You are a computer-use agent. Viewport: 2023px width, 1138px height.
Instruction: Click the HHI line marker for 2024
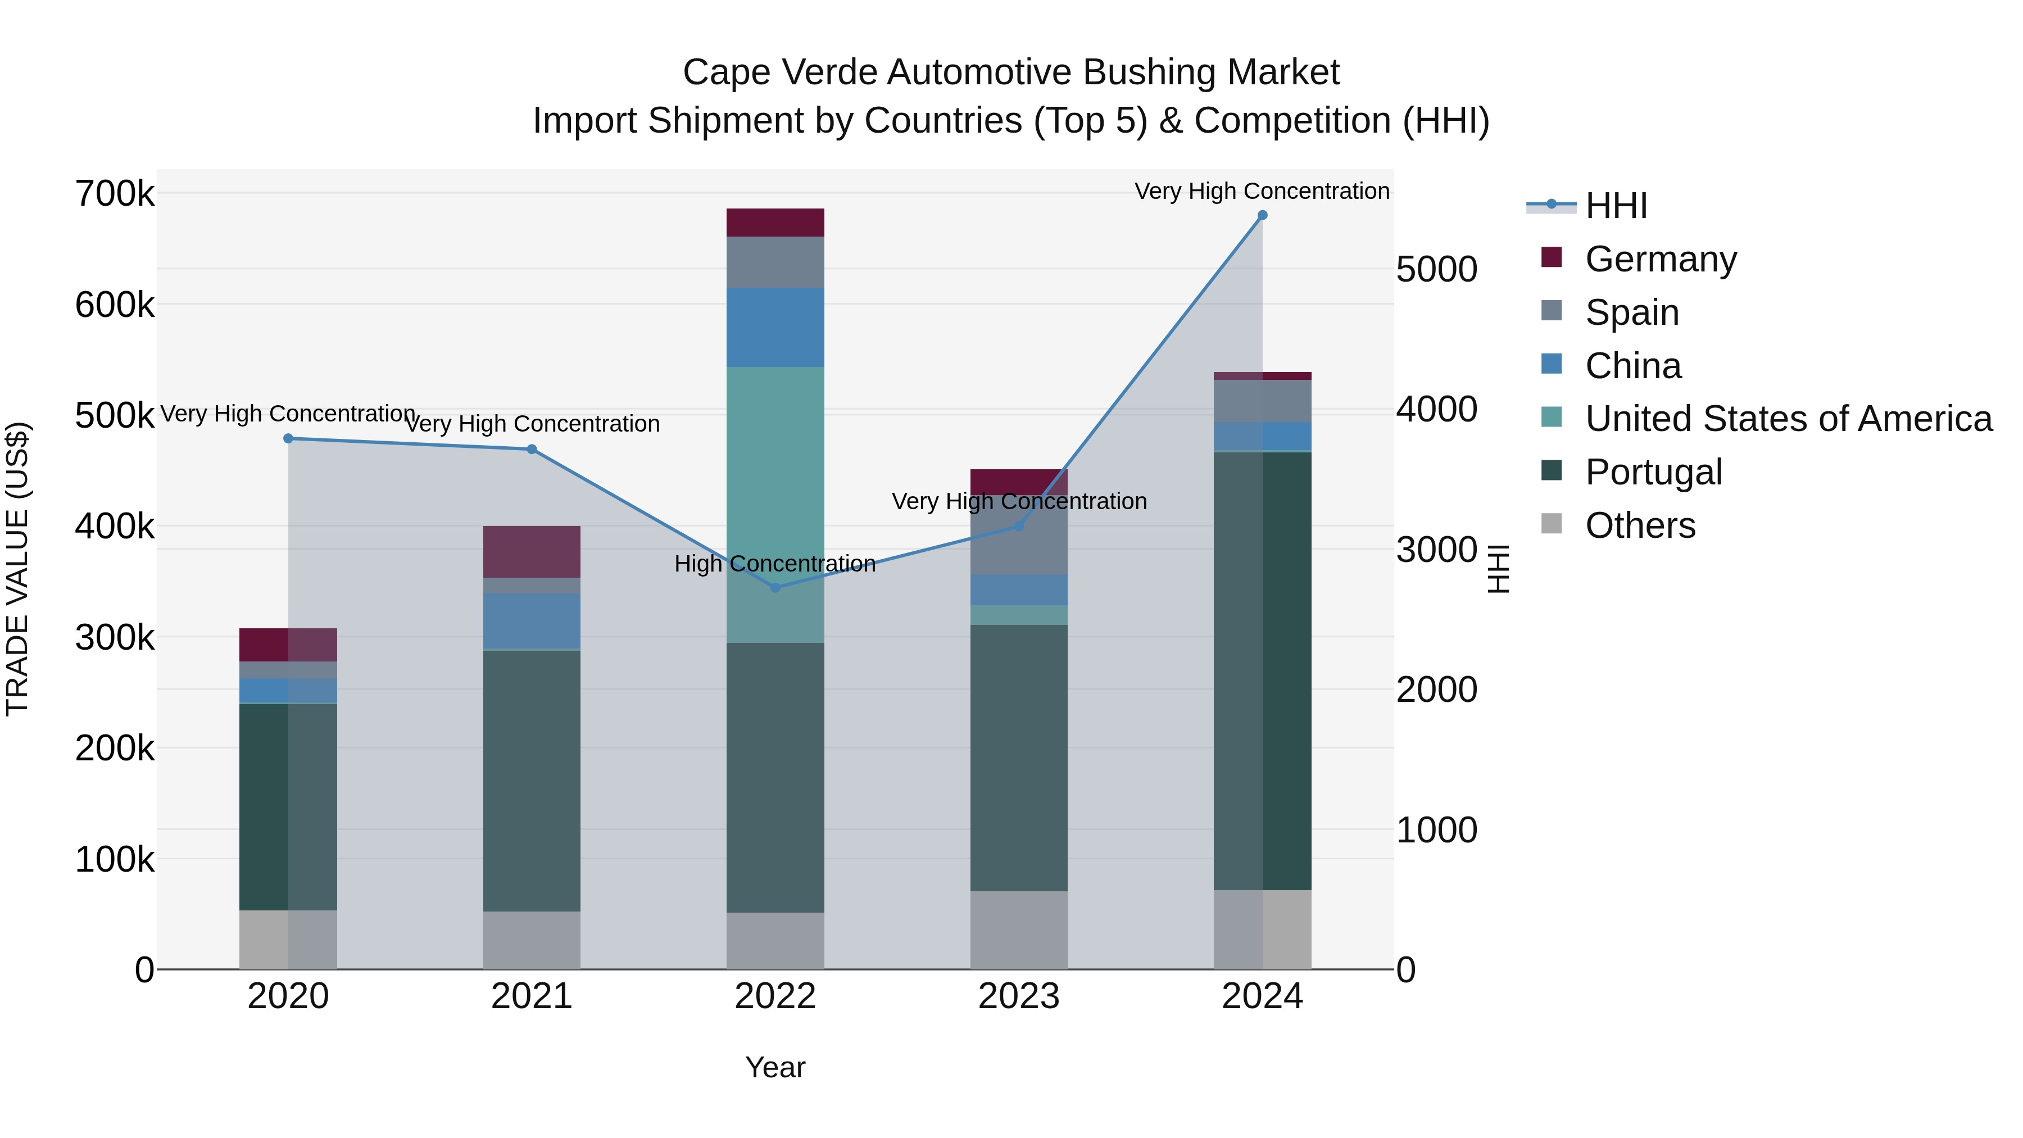1262,215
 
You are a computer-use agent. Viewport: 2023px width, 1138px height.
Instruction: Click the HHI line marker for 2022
775,587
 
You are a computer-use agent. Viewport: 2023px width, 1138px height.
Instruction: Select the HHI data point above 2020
288,438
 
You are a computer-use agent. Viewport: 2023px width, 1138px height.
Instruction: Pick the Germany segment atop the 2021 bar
532,551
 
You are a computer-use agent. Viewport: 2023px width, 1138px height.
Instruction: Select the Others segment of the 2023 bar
1019,930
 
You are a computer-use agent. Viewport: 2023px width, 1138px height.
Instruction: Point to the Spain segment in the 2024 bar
1262,401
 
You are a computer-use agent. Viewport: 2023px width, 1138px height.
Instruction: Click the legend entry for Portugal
1653,472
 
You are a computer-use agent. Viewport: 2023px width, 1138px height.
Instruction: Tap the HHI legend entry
1616,206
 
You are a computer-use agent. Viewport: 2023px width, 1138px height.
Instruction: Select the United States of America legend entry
1788,419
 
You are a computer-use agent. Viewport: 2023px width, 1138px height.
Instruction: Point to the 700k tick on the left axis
115,193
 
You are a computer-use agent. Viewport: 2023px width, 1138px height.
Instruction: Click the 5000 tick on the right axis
1436,269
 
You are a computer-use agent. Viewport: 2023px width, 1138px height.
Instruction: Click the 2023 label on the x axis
1019,996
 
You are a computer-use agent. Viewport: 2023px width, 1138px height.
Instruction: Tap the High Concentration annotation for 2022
774,564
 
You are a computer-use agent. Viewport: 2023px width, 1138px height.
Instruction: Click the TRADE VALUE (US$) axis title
17,569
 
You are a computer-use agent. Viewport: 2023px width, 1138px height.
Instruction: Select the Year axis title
775,1067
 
